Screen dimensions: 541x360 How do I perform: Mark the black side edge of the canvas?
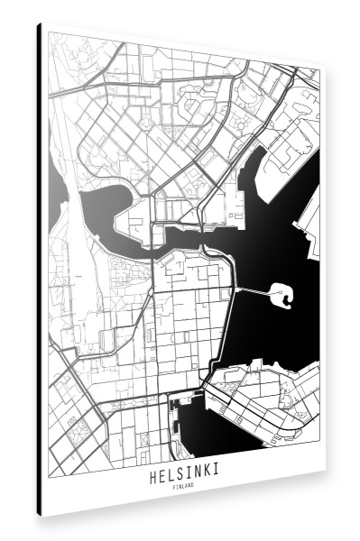click(40, 270)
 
